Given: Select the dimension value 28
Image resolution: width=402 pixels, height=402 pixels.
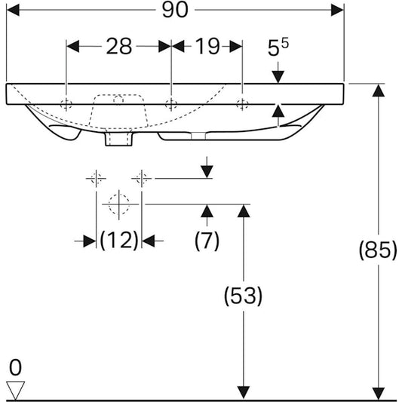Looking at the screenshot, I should (118, 47).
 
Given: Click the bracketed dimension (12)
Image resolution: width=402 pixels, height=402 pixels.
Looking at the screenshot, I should (120, 241).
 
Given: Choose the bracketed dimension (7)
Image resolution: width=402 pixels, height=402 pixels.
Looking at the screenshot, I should (207, 241).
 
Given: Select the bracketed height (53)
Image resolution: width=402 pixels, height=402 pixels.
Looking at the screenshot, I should (243, 296).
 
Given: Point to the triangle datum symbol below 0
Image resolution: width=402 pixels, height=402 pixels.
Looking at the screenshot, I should (15, 388).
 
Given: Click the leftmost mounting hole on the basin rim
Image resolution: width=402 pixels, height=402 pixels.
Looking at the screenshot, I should (67, 104).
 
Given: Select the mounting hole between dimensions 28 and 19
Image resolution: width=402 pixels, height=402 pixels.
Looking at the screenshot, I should (171, 104).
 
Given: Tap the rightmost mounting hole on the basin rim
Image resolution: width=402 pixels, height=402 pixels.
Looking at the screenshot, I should (241, 104).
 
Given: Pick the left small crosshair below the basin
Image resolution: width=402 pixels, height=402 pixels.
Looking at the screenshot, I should (96, 179).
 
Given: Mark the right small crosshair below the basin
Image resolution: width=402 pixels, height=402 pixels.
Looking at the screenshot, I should (141, 179).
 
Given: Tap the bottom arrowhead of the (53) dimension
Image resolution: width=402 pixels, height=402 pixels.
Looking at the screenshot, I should (243, 391).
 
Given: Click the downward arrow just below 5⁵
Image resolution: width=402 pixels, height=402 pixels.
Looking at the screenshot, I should (278, 75).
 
